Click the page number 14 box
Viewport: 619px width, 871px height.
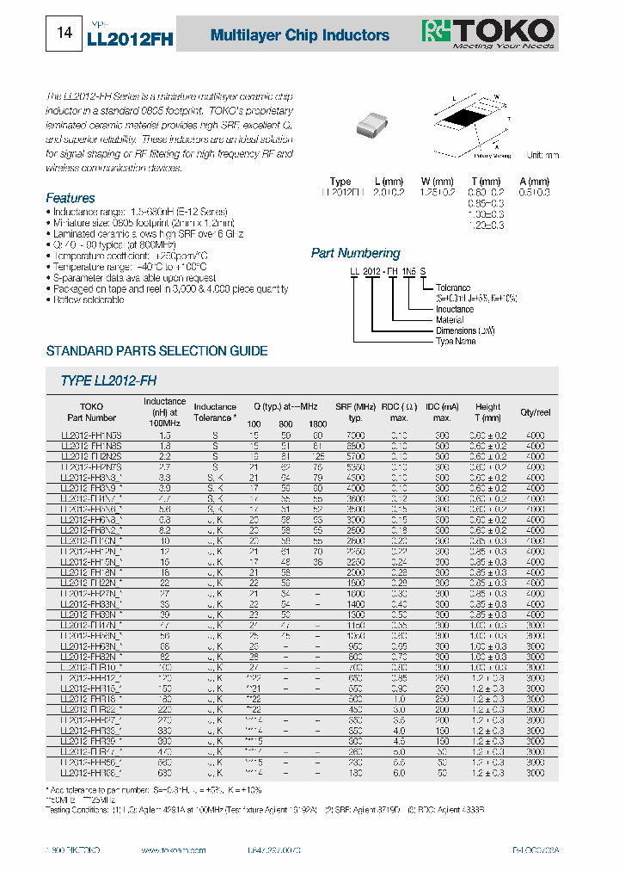pyautogui.click(x=64, y=34)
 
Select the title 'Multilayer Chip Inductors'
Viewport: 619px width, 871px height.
pyautogui.click(x=300, y=35)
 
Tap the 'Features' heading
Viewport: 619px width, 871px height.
pyautogui.click(x=70, y=198)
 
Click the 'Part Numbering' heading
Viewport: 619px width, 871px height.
pyautogui.click(x=355, y=253)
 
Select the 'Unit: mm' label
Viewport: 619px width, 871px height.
pyautogui.click(x=542, y=155)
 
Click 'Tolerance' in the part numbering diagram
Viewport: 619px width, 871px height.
pyautogui.click(x=452, y=287)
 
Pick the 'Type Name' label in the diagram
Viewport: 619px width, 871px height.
pyautogui.click(x=456, y=341)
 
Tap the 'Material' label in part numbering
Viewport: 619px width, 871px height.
pyautogui.click(x=450, y=319)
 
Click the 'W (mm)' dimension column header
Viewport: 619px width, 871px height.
pyautogui.click(x=437, y=182)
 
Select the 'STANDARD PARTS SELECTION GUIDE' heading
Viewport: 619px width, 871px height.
pyautogui.click(x=156, y=351)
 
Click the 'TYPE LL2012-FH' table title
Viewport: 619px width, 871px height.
pyautogui.click(x=108, y=380)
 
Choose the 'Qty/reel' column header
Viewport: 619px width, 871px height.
pyautogui.click(x=536, y=412)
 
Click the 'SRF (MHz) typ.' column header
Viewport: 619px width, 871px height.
pyautogui.click(x=354, y=412)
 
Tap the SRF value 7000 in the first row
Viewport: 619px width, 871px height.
pyautogui.click(x=354, y=436)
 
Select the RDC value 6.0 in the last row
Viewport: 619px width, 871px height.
pyautogui.click(x=399, y=773)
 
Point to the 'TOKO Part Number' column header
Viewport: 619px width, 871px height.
pyautogui.click(x=91, y=412)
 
